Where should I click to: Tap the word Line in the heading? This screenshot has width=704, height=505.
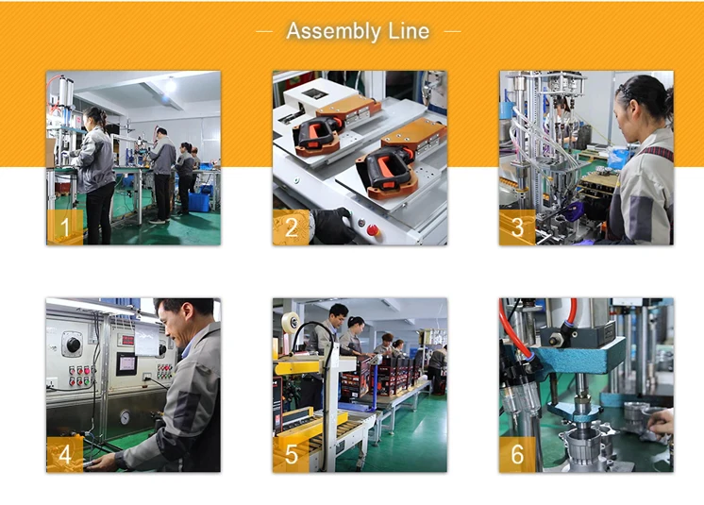pyautogui.click(x=409, y=31)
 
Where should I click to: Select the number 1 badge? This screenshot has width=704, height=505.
pyautogui.click(x=65, y=227)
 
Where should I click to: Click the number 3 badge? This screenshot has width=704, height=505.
pyautogui.click(x=517, y=227)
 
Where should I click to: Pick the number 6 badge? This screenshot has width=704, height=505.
pyautogui.click(x=517, y=454)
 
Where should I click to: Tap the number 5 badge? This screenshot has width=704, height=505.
pyautogui.click(x=291, y=454)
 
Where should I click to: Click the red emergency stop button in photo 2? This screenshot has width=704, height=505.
pyautogui.click(x=372, y=230)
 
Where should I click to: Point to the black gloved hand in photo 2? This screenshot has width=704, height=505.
pyautogui.click(x=333, y=226)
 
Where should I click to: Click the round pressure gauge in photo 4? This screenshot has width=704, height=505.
pyautogui.click(x=125, y=417)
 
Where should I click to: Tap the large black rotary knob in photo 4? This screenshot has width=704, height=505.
pyautogui.click(x=73, y=345)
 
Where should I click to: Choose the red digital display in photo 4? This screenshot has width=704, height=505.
pyautogui.click(x=127, y=340)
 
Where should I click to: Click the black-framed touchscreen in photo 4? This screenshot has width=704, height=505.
pyautogui.click(x=126, y=364)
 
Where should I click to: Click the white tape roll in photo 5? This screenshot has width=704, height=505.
pyautogui.click(x=291, y=322)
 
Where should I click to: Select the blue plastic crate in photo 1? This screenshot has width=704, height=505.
pyautogui.click(x=199, y=202)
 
